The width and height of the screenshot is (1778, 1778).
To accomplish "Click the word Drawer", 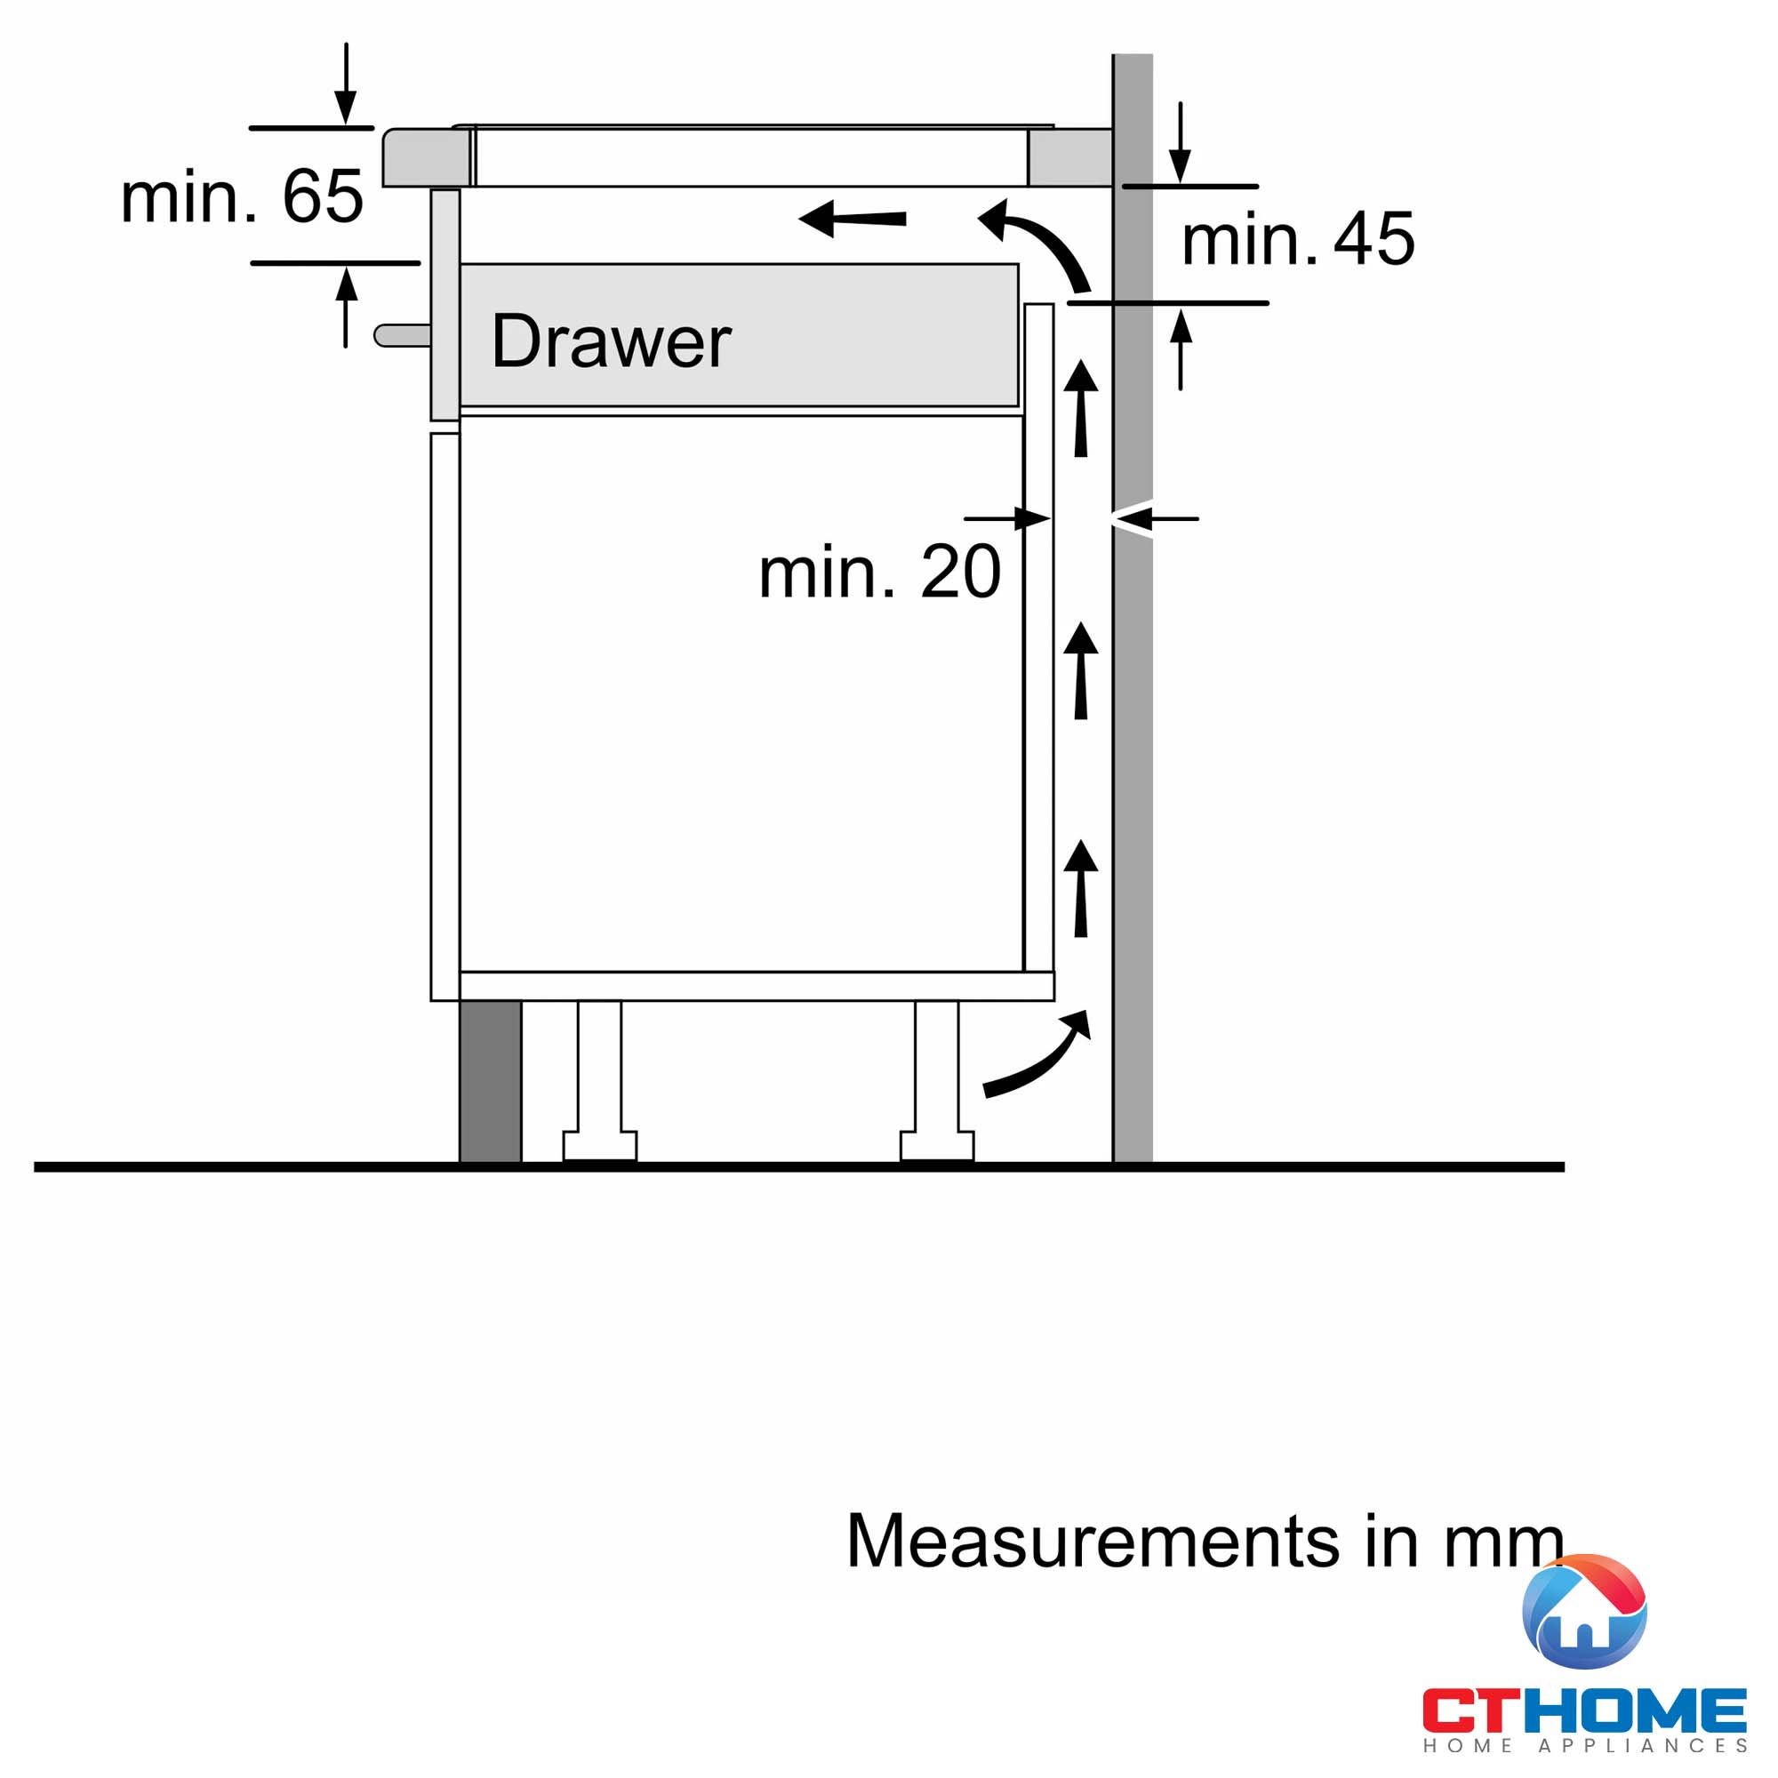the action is (x=611, y=341).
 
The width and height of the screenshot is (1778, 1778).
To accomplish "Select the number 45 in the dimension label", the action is (x=1374, y=238).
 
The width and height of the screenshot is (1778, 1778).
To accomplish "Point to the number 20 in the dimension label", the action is (x=961, y=572).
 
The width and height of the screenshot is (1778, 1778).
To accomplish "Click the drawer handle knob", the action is (x=402, y=335).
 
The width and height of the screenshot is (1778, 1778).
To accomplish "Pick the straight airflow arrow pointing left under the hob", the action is (x=853, y=219).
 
